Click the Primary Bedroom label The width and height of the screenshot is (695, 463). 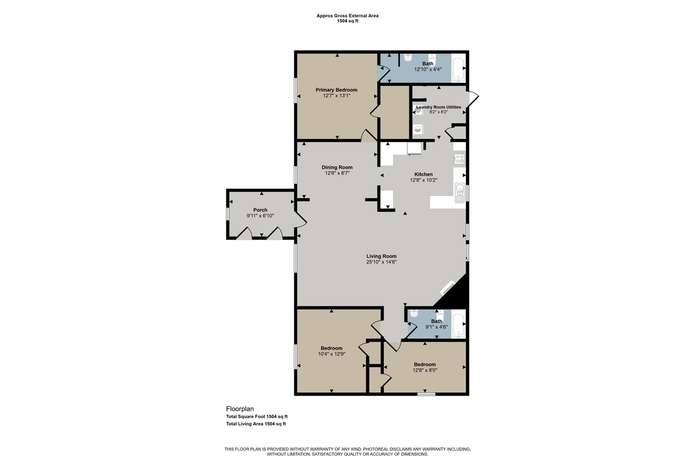(337, 90)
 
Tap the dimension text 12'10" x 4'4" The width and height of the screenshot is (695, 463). (428, 69)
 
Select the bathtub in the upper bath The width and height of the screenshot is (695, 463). (458, 68)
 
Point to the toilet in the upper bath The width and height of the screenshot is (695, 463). (433, 58)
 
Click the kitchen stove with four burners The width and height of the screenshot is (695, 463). (459, 159)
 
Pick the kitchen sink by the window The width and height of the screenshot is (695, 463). (460, 193)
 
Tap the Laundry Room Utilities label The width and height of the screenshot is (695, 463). (438, 107)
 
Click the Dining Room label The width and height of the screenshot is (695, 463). (337, 167)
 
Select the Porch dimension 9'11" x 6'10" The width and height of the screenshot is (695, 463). (260, 216)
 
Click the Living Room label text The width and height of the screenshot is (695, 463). (381, 256)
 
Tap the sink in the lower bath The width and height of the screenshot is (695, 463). (414, 313)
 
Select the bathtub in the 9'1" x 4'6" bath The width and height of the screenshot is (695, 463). (458, 325)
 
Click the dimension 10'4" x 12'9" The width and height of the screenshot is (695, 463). (331, 354)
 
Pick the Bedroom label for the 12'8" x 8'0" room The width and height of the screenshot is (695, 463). (425, 364)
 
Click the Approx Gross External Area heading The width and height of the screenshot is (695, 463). (347, 16)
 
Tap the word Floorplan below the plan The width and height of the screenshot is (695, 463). (240, 409)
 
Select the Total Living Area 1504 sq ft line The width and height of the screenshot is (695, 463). (256, 424)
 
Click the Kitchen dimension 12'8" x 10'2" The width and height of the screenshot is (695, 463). (424, 180)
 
